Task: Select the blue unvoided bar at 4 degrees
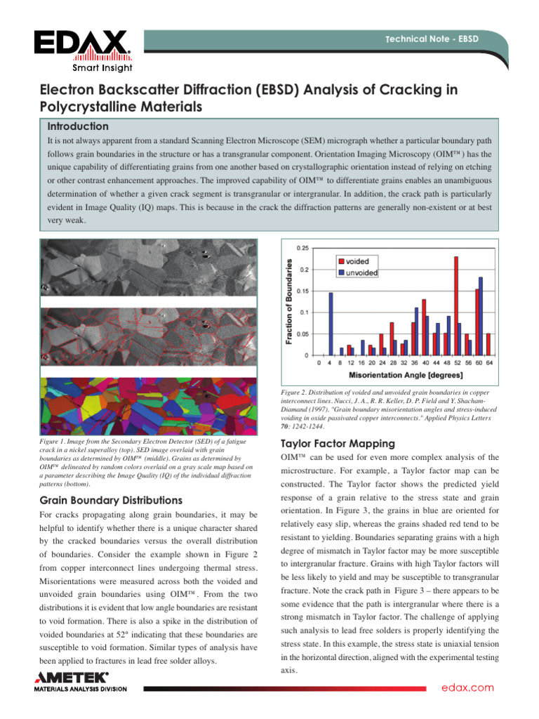click(x=331, y=324)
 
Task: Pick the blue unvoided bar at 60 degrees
click(x=481, y=316)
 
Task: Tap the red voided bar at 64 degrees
click(x=488, y=344)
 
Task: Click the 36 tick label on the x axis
click(x=414, y=364)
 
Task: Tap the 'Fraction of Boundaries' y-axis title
click(x=288, y=300)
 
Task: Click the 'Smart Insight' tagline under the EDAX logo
click(x=102, y=67)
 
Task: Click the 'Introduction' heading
click(x=78, y=126)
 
